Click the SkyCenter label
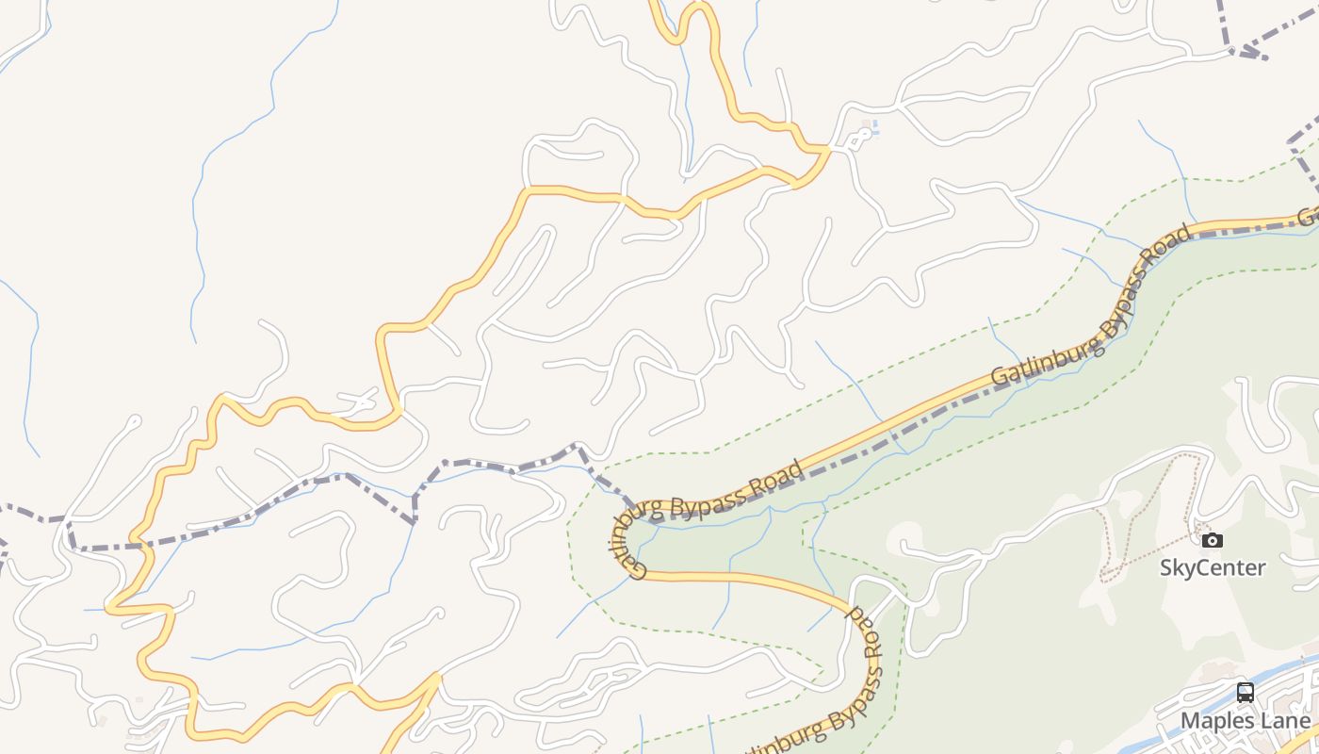point(1212,567)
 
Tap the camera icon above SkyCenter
point(1213,540)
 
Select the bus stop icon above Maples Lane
point(1245,693)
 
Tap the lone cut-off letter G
point(1309,216)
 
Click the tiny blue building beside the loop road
point(876,127)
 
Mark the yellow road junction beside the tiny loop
point(827,148)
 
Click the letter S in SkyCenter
point(1166,567)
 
